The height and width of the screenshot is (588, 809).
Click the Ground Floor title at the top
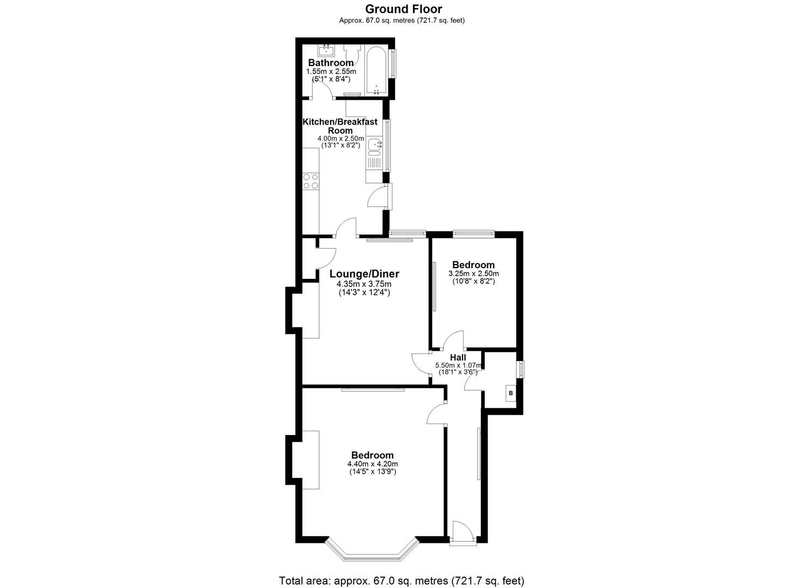coord(403,9)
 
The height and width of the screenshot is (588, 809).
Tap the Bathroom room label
coord(331,63)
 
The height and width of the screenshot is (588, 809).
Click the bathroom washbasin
coord(327,52)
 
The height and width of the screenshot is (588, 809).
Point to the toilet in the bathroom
coord(352,53)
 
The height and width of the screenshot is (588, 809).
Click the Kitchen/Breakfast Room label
coord(340,126)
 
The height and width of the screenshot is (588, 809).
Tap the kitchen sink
coord(374,145)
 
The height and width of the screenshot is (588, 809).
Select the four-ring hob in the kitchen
coord(311,181)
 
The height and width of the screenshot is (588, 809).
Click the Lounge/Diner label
coord(364,274)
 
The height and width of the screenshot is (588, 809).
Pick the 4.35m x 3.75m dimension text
coord(364,284)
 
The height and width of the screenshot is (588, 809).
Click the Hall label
coord(458,357)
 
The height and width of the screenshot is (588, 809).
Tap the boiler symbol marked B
coord(510,393)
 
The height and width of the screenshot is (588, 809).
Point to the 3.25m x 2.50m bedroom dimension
coord(473,273)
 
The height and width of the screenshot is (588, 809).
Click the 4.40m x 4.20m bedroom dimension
coord(373,464)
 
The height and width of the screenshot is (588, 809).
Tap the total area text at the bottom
coord(402,580)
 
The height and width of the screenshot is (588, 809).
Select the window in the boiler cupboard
coord(520,369)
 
